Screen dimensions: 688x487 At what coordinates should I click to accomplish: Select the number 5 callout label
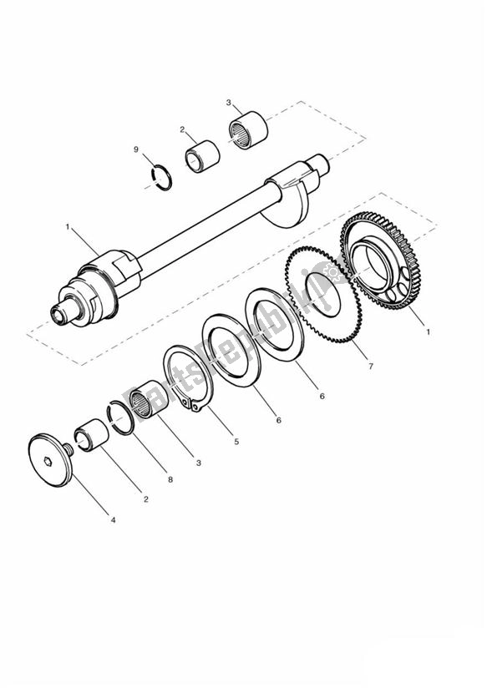click(236, 441)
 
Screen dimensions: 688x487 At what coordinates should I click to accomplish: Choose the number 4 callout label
click(113, 519)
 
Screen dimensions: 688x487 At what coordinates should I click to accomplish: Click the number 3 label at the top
click(228, 103)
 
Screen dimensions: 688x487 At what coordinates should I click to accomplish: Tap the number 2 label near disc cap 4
click(145, 499)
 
